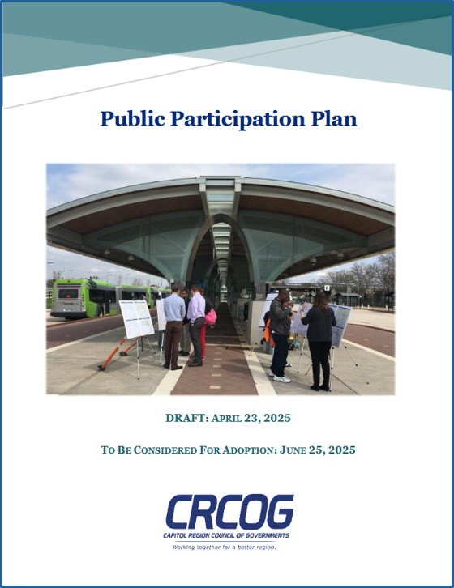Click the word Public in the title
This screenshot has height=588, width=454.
[x=132, y=119]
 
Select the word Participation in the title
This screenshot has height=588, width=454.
[x=238, y=119]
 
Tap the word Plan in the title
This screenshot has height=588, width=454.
[x=333, y=118]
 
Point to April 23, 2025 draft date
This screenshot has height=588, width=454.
[x=251, y=418]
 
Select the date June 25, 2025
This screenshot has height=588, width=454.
[x=317, y=450]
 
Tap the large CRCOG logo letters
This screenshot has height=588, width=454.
[x=229, y=512]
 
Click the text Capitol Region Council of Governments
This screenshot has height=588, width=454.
[x=226, y=535]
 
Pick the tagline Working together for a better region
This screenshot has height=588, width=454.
[x=225, y=548]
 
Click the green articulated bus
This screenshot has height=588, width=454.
[x=101, y=298]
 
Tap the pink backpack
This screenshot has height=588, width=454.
[x=211, y=317]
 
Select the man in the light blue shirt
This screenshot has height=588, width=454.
[x=173, y=327]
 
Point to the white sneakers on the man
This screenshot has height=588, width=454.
[x=281, y=378]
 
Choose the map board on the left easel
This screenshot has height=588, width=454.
[x=137, y=319]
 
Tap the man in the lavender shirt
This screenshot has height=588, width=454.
[x=195, y=326]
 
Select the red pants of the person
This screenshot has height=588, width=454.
[x=204, y=340]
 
